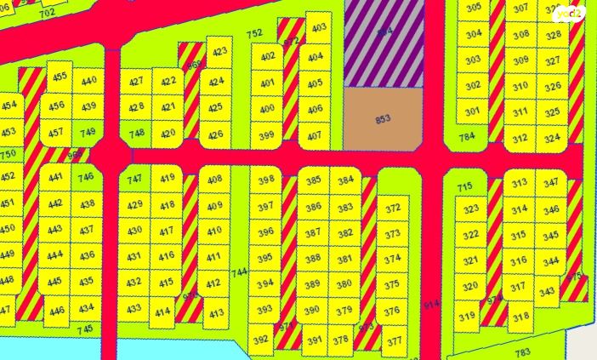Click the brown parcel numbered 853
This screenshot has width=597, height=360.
click(383, 119)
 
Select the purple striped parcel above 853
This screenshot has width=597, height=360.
click(384, 43)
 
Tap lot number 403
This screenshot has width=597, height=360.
click(319, 28)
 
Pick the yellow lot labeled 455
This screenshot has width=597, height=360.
click(60, 77)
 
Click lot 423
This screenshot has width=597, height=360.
click(219, 52)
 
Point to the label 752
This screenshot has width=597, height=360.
click(254, 34)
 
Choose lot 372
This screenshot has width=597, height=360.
click(392, 209)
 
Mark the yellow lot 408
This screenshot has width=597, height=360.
click(214, 180)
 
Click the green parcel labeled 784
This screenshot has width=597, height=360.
click(466, 136)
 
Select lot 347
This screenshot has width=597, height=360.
click(551, 183)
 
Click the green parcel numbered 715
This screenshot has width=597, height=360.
click(463, 187)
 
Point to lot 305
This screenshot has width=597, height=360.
click(474, 8)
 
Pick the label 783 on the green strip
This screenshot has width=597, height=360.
click(522, 351)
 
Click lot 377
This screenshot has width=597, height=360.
click(393, 341)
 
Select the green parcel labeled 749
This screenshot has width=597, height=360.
click(88, 132)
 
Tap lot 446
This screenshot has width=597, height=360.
click(57, 311)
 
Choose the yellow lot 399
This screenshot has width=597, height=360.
click(266, 136)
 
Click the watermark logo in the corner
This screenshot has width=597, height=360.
click(569, 14)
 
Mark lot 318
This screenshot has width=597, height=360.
click(520, 317)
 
